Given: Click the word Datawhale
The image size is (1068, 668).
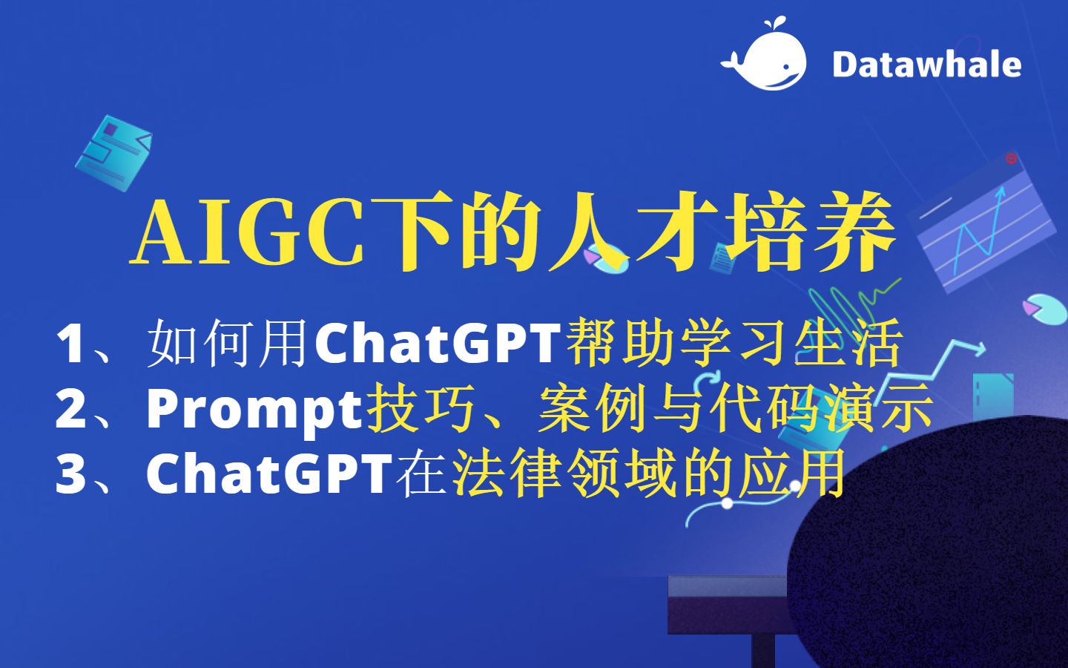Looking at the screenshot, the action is pos(926,65).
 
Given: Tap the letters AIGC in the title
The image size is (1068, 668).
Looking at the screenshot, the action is pos(248,232).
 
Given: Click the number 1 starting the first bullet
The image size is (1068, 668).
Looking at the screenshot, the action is pos(70,344).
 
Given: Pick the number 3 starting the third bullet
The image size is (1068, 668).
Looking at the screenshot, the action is pos(70,474).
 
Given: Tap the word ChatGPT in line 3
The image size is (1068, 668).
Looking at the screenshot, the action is pos(269,474).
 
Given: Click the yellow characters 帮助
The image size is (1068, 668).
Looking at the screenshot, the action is pos(620,343).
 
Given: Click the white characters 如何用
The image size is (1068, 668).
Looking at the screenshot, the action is pos(227,343).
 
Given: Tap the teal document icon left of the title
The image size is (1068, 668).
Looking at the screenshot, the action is pos(113,153).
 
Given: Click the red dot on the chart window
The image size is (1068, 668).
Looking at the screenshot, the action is pos(1011,158).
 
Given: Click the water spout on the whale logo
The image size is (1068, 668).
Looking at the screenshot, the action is pos(775,24).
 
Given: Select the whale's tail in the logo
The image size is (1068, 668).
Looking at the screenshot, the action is pos(732,62).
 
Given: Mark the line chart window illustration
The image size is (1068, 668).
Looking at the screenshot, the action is pos(982,224).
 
